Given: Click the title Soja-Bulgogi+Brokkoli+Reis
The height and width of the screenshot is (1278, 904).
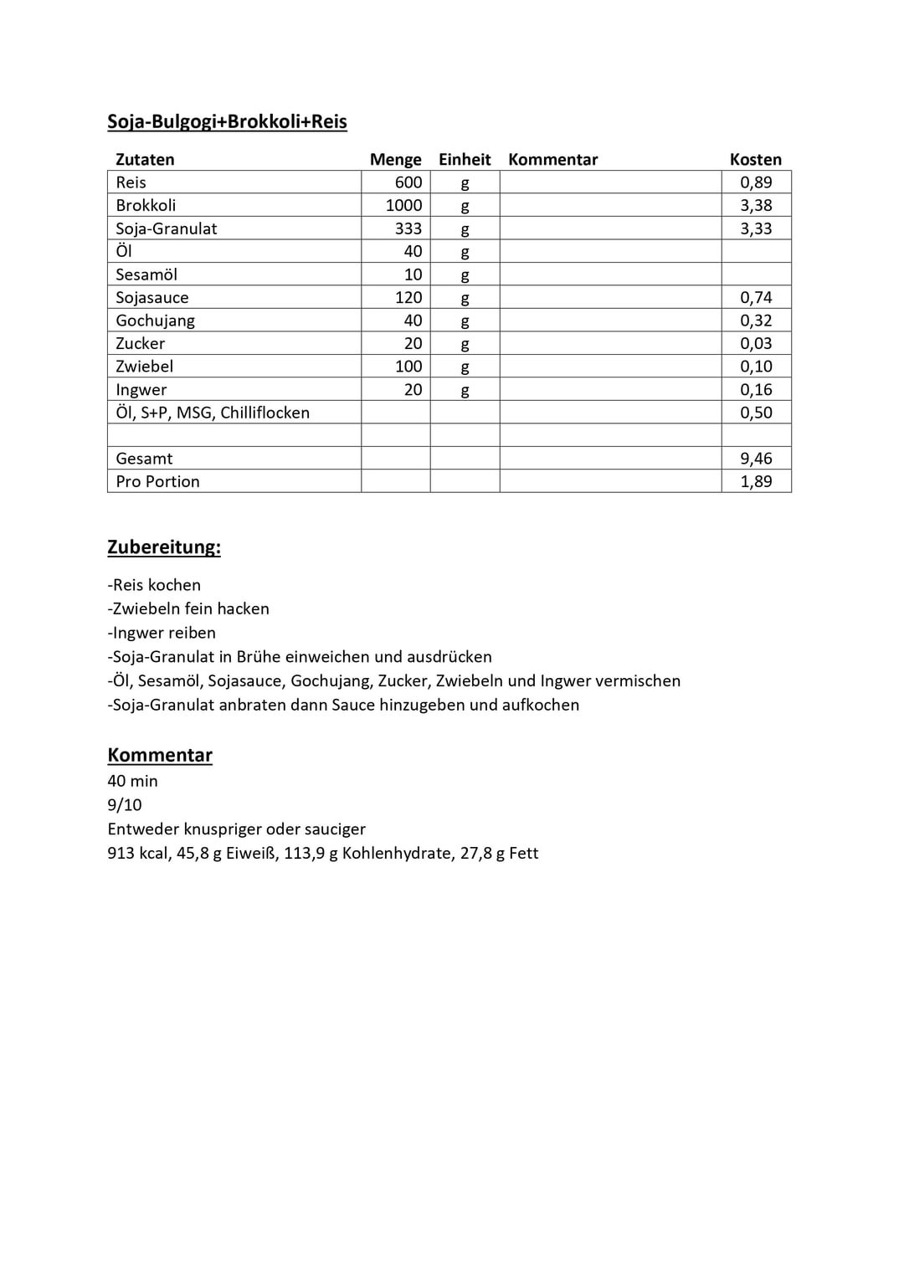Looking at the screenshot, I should click(227, 122).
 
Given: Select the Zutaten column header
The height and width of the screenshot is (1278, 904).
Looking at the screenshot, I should click(145, 159).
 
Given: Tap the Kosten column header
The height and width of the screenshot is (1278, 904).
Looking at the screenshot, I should click(755, 159).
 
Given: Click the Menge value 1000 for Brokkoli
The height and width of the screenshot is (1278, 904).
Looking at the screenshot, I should click(403, 205).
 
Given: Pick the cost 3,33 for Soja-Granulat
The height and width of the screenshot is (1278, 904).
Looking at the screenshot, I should click(756, 228).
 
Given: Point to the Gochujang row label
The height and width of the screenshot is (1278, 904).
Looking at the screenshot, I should click(156, 321).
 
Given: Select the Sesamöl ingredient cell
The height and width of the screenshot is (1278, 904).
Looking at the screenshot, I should click(146, 275).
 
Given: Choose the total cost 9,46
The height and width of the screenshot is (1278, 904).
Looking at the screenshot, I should click(756, 459).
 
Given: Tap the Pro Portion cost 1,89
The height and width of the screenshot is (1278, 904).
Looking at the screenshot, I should click(756, 481).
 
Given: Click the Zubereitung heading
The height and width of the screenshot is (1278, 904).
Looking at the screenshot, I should click(164, 547).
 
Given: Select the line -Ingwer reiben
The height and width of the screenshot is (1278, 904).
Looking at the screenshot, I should click(162, 633).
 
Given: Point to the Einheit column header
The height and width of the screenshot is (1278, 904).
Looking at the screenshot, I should click(465, 159).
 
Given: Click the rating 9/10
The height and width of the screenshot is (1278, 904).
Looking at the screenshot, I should click(125, 805).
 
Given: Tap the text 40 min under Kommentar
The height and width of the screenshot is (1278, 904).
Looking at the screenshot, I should click(132, 781).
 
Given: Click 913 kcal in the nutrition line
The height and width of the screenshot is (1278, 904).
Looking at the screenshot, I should click(137, 854).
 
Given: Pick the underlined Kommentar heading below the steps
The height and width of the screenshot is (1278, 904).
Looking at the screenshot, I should click(160, 755).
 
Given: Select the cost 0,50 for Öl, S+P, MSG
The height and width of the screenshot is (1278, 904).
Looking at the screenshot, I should click(756, 413).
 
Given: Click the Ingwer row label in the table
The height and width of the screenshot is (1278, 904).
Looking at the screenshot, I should click(141, 389).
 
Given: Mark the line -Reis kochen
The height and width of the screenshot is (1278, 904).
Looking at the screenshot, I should click(154, 585).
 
